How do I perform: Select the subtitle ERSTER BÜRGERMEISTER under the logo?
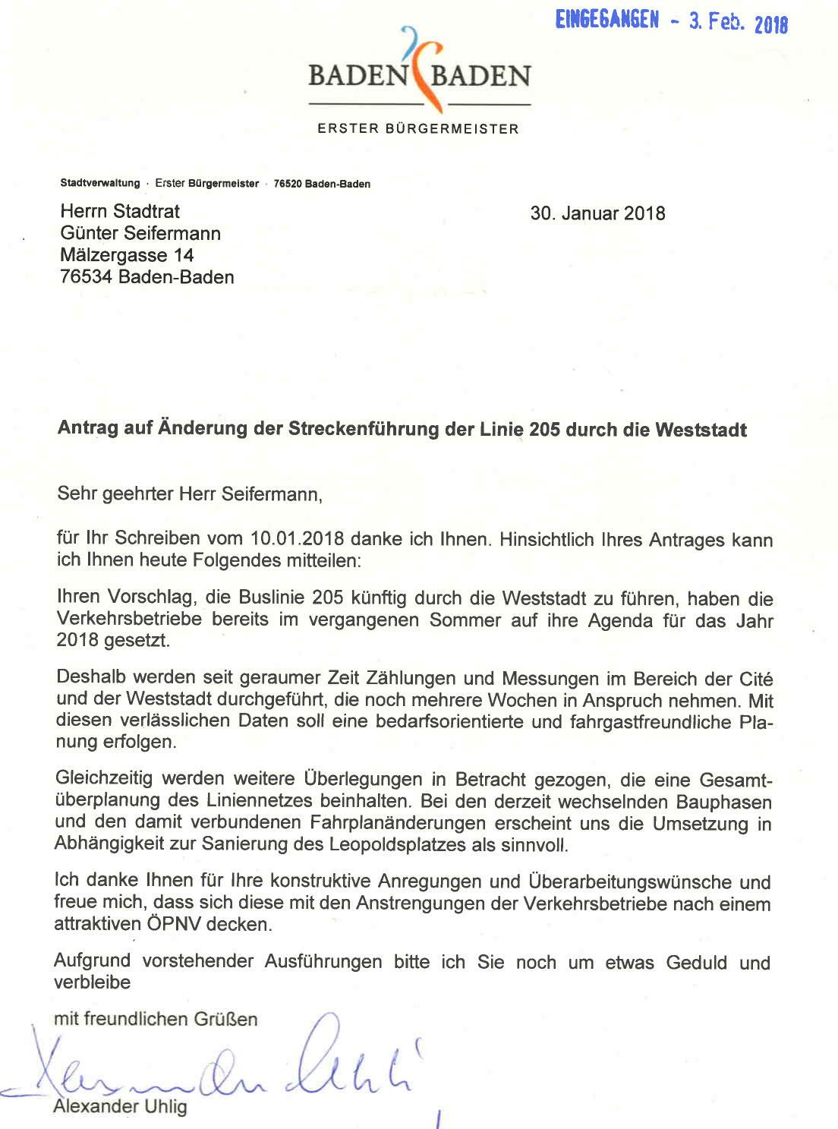pos(418,129)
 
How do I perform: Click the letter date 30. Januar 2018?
pos(597,213)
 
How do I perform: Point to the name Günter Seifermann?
pos(140,233)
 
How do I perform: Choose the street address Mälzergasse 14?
pos(127,255)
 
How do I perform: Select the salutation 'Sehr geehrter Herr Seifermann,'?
pos(190,495)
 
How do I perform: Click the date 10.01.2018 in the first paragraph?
pos(297,538)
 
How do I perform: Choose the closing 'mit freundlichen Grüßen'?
pos(156,1019)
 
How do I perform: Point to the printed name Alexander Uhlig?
pos(120,1107)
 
